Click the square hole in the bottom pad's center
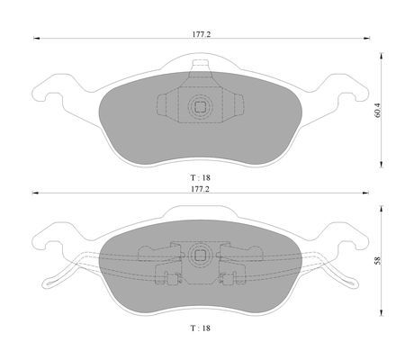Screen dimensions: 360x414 click(x=198, y=256)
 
